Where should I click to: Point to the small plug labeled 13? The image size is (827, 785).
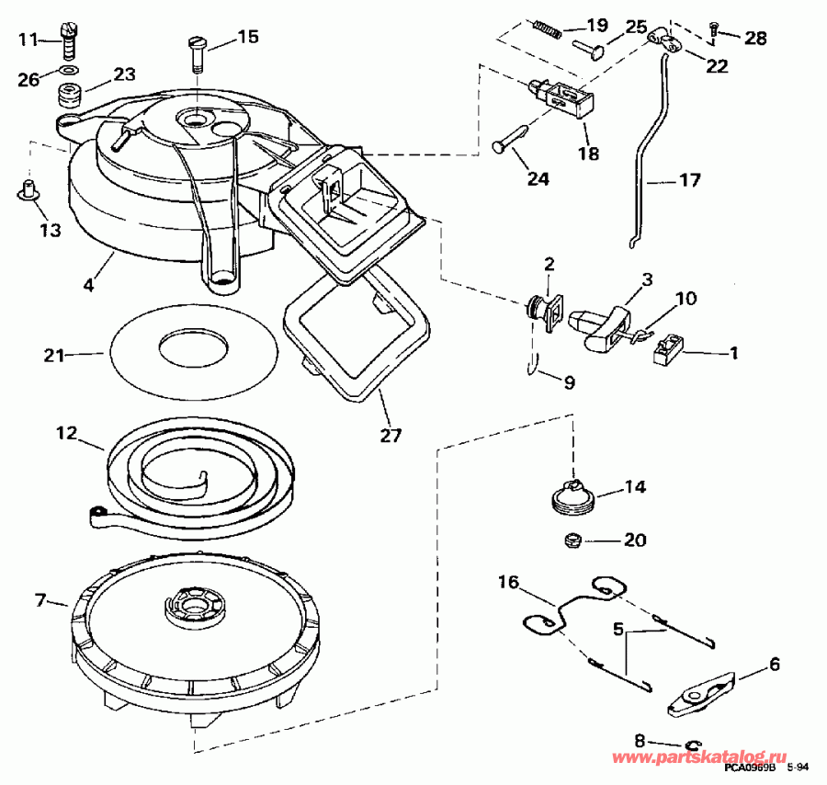pyautogui.click(x=29, y=189)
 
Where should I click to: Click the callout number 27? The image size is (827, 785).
pyautogui.click(x=391, y=436)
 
